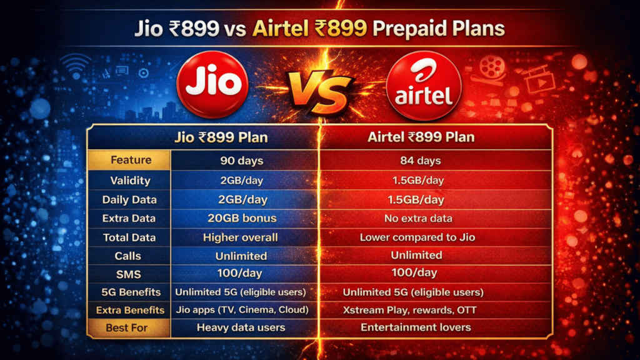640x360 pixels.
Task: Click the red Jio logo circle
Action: [214, 86]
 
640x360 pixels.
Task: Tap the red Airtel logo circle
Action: [424, 87]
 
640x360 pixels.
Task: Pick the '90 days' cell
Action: [241, 161]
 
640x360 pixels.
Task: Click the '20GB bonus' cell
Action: [241, 219]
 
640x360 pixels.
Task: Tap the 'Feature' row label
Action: [131, 160]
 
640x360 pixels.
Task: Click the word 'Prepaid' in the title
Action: [428, 29]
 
